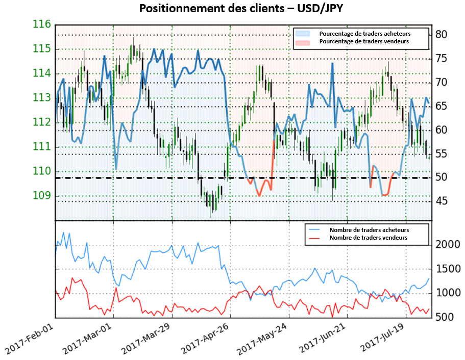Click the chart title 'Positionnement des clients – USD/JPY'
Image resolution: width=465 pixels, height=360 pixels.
tap(232, 8)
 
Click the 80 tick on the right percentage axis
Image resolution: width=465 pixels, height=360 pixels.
tap(442, 35)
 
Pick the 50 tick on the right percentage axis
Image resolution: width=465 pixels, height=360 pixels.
tap(442, 177)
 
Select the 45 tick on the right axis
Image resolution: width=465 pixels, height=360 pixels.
tap(442, 201)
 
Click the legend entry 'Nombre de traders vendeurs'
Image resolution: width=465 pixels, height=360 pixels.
tap(368, 238)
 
